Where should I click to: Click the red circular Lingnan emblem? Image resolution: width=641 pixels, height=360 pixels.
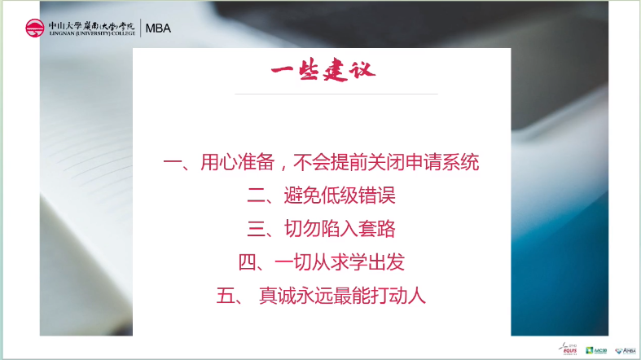35,28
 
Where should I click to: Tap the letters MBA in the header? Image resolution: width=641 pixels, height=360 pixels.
158,28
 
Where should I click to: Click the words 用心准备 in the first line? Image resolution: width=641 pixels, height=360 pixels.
232,162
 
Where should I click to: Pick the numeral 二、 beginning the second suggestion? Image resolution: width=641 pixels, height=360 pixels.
261,195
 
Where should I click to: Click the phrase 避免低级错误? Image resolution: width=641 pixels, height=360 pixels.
340,195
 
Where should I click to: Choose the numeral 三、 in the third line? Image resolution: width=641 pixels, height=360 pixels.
261,229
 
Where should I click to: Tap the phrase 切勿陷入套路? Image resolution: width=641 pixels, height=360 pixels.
340,229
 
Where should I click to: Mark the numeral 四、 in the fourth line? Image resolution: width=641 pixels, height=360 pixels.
252,262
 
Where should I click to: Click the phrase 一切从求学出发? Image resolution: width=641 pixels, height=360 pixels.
340,262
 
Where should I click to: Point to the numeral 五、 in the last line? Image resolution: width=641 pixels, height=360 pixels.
230,296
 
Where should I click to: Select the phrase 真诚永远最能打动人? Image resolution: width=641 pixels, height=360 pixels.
342,296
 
